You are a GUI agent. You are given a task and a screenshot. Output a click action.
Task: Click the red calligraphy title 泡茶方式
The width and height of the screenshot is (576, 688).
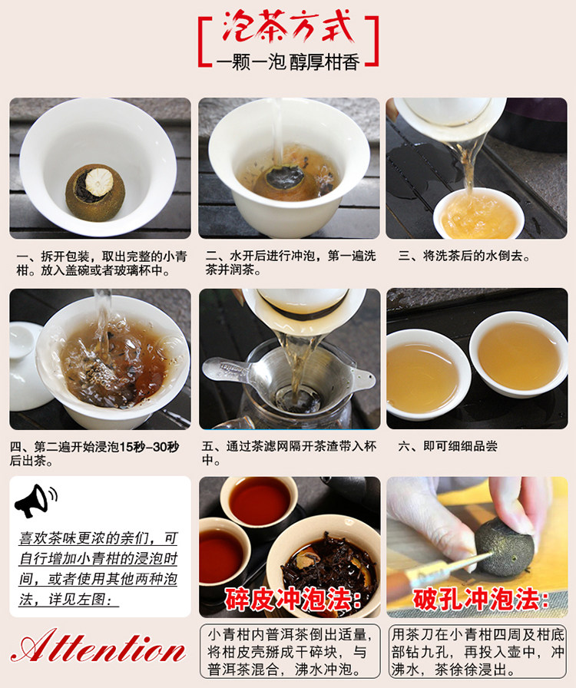[x=288, y=26]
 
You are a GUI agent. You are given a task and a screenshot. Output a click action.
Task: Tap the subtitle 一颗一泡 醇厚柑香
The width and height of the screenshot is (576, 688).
[x=288, y=62]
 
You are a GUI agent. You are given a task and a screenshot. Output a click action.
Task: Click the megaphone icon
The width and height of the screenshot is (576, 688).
[x=36, y=500]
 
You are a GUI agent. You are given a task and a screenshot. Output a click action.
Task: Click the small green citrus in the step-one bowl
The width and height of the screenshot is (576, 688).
[x=95, y=193]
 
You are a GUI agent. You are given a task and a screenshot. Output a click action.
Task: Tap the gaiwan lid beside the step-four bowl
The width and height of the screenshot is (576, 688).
[x=25, y=367]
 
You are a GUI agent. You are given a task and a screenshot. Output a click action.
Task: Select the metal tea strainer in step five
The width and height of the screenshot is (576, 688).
[x=290, y=377]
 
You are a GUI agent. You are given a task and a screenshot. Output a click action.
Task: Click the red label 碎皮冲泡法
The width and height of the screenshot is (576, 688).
[x=293, y=599]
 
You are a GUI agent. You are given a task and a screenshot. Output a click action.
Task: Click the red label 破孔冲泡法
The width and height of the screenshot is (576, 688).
[x=480, y=599]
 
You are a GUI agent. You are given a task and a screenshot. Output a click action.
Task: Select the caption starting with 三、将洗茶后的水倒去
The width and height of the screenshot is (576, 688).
[x=464, y=256]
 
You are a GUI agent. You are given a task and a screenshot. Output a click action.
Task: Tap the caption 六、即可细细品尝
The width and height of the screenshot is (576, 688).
[x=448, y=446]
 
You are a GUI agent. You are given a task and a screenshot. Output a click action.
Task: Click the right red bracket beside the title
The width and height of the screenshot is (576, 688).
[x=373, y=41]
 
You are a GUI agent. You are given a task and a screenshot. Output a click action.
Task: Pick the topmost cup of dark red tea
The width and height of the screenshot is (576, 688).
[x=259, y=500]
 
